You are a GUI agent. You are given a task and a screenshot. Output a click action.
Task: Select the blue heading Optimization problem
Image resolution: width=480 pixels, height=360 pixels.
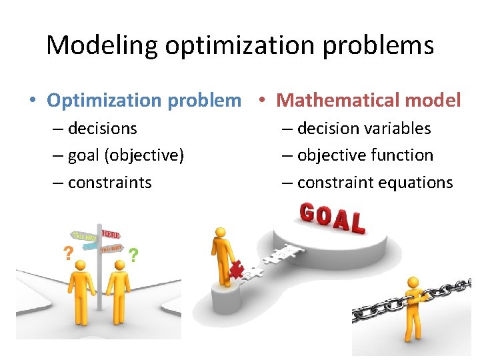click(x=143, y=100)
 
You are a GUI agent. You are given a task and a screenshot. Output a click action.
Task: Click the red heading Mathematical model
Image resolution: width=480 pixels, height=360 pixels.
click(x=368, y=100)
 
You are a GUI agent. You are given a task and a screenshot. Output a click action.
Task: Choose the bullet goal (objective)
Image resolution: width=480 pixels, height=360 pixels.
click(x=125, y=155)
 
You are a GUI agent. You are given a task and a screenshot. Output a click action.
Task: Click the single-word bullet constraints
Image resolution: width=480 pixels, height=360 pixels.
click(x=109, y=183)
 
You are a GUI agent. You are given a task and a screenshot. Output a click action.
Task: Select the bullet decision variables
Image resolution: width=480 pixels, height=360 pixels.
click(x=364, y=128)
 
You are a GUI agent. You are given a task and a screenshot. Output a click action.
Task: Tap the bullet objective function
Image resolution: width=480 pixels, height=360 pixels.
click(x=365, y=155)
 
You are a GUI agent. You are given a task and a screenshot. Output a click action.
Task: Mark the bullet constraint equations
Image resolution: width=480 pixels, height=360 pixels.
click(x=375, y=183)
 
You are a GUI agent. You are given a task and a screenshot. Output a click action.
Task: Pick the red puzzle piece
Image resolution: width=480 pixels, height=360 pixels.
click(x=236, y=270)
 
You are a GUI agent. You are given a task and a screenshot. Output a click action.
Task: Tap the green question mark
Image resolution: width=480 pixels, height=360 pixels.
click(x=134, y=255)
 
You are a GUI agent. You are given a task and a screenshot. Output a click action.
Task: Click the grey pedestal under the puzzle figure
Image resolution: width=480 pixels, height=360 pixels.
click(x=225, y=300)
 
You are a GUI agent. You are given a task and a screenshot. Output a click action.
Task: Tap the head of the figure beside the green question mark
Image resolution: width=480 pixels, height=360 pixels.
click(x=120, y=266)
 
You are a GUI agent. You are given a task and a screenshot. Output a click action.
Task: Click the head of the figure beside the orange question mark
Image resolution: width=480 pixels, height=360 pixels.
click(x=81, y=265)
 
